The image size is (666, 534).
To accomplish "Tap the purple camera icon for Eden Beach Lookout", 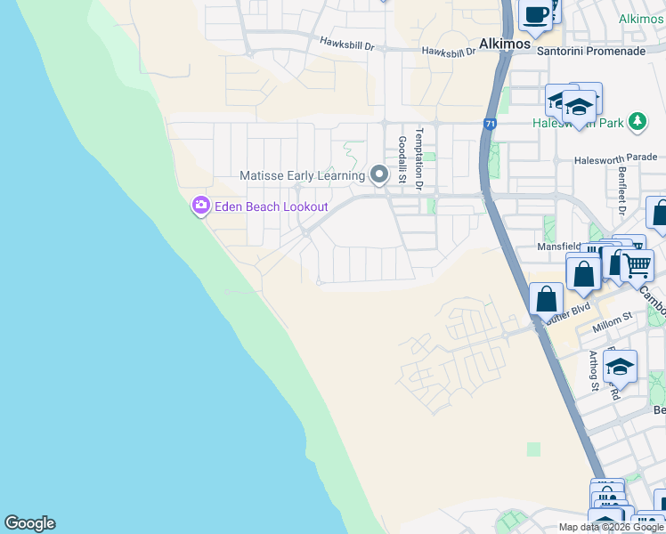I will pyautogui.click(x=200, y=206).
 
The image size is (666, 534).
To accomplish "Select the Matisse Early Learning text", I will pyautogui.click(x=302, y=175).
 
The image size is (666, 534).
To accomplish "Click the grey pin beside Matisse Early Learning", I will pyautogui.click(x=379, y=174).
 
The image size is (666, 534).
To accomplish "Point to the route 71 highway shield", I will pyautogui.click(x=491, y=125).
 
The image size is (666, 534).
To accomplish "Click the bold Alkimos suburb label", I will pyautogui.click(x=504, y=43).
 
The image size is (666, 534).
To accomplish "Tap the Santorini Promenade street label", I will pyautogui.click(x=590, y=52).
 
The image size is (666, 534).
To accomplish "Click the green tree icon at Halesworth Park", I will pyautogui.click(x=637, y=121).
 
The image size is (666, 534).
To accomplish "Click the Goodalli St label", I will pyautogui.click(x=402, y=160).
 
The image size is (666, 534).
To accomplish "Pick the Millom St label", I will pyautogui.click(x=613, y=317).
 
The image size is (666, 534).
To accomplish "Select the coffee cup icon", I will pyautogui.click(x=537, y=14).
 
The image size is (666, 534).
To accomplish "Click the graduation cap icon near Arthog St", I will pyautogui.click(x=620, y=366).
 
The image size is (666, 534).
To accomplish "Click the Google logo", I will pyautogui.click(x=29, y=523).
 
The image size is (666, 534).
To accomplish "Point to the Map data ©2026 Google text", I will pyautogui.click(x=612, y=527).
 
